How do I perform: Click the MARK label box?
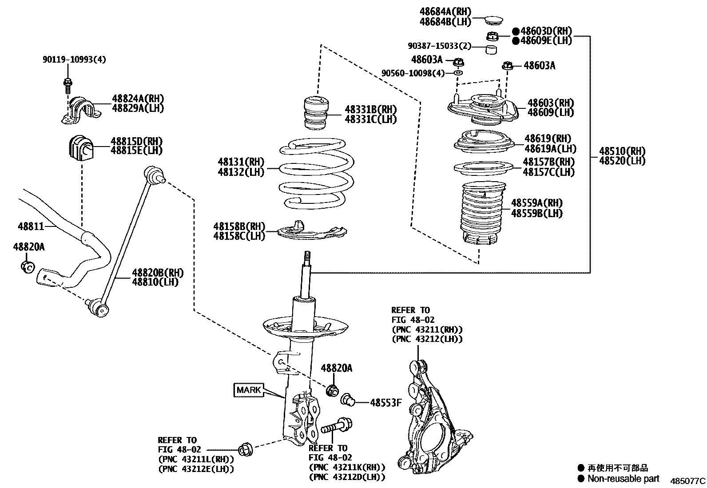(x=249, y=390)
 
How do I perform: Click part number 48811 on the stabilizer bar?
(x=31, y=226)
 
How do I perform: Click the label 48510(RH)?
(x=622, y=151)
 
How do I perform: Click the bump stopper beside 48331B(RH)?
(x=317, y=114)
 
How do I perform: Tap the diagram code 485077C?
(x=687, y=481)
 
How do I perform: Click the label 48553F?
(x=385, y=403)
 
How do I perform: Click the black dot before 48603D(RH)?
(x=516, y=31)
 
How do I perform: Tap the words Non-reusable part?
(x=623, y=479)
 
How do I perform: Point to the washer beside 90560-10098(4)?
(x=458, y=72)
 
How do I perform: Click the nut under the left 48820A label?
(x=27, y=267)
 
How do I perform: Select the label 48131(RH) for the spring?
(x=241, y=162)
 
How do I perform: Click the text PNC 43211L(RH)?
(x=196, y=459)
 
